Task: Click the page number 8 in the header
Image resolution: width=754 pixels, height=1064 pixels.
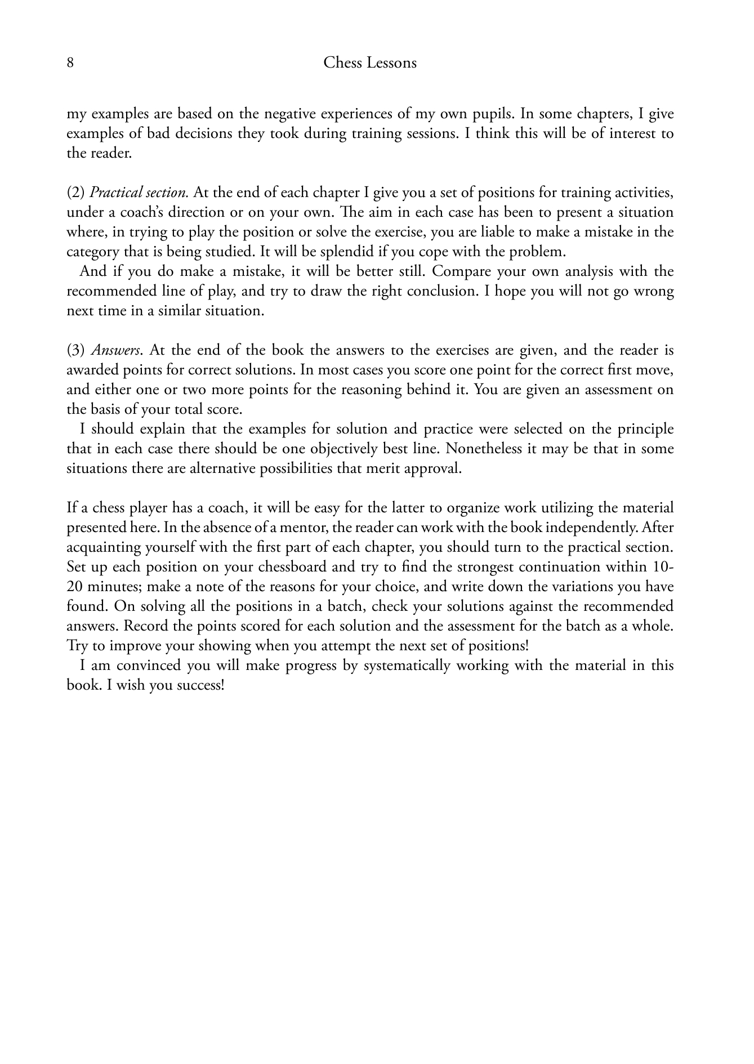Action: tap(70, 62)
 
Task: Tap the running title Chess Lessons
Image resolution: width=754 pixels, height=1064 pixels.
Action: tap(370, 62)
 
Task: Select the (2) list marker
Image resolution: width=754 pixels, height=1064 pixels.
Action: tap(75, 193)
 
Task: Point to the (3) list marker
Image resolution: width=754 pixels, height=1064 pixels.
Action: tap(75, 351)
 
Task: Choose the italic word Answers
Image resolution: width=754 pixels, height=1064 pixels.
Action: tap(116, 351)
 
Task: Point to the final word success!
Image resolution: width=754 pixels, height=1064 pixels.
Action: tap(203, 686)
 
